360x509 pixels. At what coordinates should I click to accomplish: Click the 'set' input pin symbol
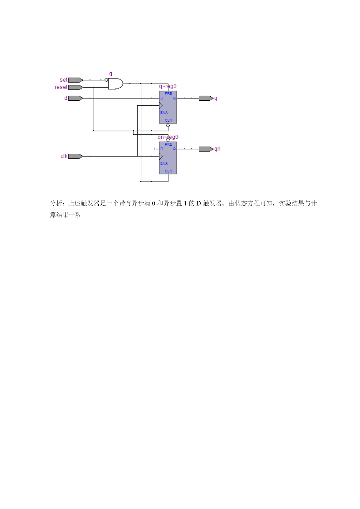point(75,80)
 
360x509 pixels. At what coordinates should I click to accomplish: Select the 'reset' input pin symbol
point(75,87)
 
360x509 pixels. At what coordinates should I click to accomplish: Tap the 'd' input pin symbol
point(75,98)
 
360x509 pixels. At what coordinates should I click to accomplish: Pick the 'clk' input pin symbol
point(75,156)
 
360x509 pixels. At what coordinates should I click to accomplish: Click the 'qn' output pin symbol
point(206,149)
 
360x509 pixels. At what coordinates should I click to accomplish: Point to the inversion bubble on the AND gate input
point(106,80)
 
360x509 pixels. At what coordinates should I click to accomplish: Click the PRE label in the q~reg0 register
point(168,93)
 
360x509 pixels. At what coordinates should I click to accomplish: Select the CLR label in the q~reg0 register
point(168,120)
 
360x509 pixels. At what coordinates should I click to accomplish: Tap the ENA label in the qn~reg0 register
point(164,163)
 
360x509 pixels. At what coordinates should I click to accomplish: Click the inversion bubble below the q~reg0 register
point(168,125)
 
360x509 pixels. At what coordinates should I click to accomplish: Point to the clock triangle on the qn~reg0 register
point(161,156)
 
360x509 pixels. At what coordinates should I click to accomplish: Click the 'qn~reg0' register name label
point(168,137)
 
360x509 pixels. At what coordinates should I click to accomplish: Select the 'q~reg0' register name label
point(168,86)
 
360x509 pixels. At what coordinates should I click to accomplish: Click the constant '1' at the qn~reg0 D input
point(154,149)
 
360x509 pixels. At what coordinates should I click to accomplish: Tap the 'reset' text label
point(61,87)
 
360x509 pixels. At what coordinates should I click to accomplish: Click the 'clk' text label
point(64,156)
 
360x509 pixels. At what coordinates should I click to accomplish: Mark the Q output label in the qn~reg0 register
point(174,149)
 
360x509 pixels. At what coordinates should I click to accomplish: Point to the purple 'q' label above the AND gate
point(111,74)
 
